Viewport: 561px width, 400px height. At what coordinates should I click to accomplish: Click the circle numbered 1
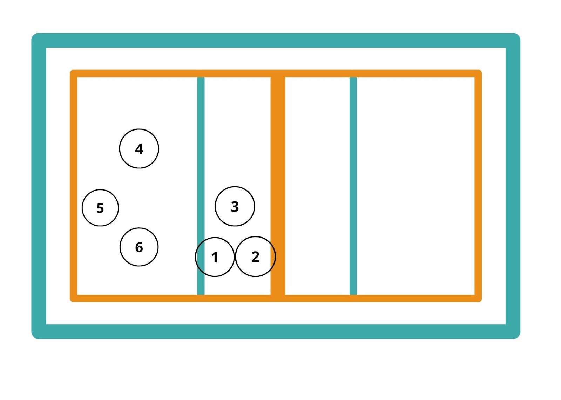[x=215, y=257]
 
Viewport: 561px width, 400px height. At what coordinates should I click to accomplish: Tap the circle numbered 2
[x=255, y=256]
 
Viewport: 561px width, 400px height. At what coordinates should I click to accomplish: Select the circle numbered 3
[x=235, y=206]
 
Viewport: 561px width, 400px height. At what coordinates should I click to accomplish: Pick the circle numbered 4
[x=139, y=149]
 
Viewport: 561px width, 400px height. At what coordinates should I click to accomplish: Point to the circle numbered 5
[x=100, y=208]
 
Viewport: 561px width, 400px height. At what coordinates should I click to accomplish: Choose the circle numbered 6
[x=139, y=247]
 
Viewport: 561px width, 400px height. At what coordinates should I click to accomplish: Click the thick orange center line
[x=278, y=158]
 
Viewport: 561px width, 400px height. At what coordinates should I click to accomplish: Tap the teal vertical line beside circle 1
[x=201, y=140]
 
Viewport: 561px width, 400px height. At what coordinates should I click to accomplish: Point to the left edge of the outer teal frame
[x=39, y=186]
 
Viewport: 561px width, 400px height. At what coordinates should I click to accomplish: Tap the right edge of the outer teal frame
[x=513, y=186]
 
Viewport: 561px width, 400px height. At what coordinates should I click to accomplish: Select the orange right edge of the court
[x=478, y=186]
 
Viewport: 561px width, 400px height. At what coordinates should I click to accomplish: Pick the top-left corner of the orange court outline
[x=74, y=74]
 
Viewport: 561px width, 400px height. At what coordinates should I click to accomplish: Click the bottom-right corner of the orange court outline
[x=478, y=298]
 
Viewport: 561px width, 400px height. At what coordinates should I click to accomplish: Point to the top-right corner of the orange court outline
[x=478, y=74]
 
